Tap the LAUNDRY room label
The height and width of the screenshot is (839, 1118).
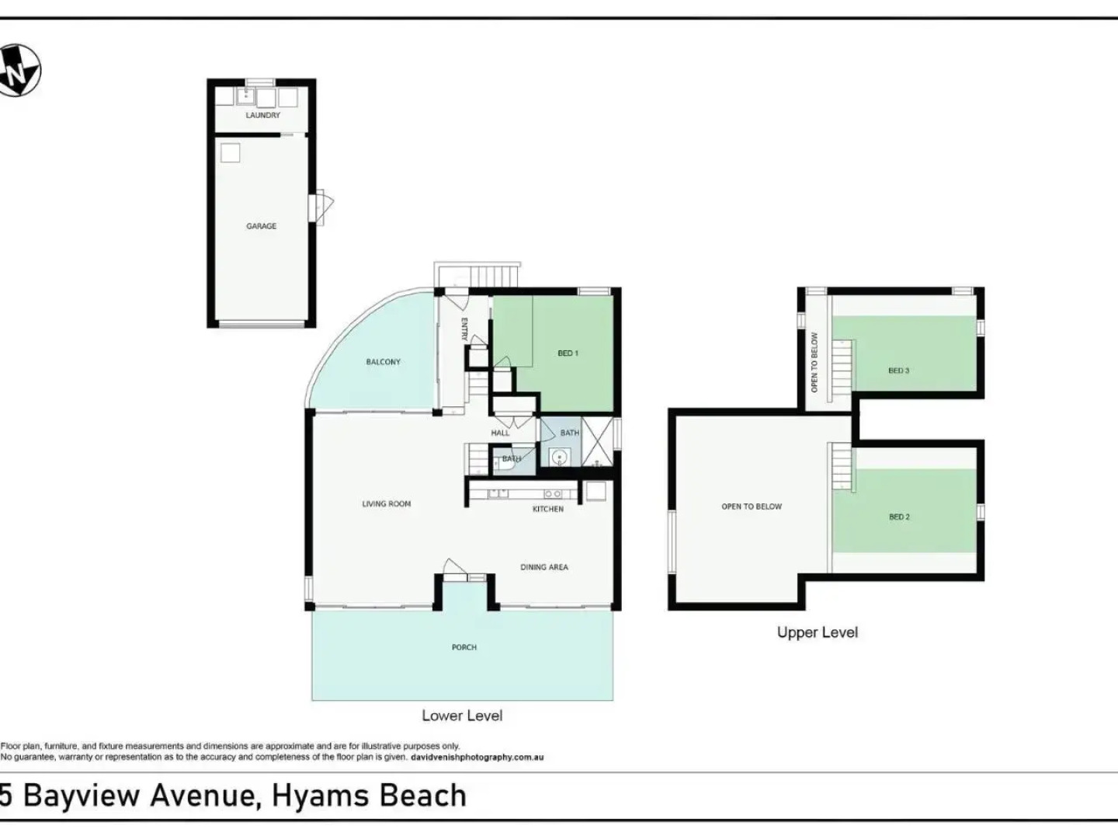click(x=262, y=115)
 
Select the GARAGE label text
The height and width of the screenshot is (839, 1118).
click(x=262, y=226)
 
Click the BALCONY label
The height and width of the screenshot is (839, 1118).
click(x=383, y=362)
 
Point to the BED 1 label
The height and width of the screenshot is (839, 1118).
click(x=568, y=353)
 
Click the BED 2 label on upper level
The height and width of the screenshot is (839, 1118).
click(x=899, y=517)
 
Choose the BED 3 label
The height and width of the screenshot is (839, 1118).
click(x=898, y=371)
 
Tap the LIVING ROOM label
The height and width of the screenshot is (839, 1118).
click(x=386, y=504)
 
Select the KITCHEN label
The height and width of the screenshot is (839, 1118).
click(x=547, y=509)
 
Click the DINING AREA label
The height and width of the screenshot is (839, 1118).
click(x=543, y=567)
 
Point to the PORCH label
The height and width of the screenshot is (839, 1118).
click(x=464, y=647)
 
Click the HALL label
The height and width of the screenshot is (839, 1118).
click(x=500, y=433)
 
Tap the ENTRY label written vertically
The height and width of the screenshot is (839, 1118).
click(x=464, y=329)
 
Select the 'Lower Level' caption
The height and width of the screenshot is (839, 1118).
click(x=462, y=715)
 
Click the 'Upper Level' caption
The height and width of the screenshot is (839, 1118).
click(x=818, y=632)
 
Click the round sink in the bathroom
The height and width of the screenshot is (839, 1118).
click(x=558, y=458)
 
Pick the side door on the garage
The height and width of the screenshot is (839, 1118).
click(x=321, y=208)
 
